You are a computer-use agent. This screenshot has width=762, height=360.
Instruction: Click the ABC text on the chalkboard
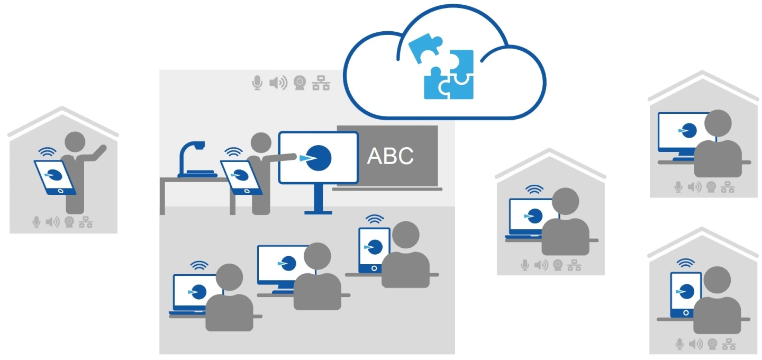click(x=390, y=156)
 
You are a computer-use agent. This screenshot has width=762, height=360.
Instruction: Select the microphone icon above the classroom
click(x=257, y=83)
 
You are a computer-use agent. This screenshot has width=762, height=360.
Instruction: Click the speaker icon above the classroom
click(x=278, y=83)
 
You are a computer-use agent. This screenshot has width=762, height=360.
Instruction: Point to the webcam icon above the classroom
click(x=300, y=83)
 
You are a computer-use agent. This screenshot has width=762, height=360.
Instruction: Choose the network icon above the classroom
click(x=321, y=83)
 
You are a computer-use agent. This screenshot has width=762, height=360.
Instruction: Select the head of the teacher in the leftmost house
click(x=75, y=142)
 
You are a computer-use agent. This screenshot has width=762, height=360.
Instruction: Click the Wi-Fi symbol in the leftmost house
click(x=48, y=153)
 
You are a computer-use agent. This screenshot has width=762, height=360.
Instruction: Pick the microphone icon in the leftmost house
click(x=37, y=222)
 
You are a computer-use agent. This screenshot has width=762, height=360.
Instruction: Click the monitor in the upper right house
click(x=680, y=130)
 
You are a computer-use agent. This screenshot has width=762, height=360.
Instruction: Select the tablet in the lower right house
click(x=686, y=294)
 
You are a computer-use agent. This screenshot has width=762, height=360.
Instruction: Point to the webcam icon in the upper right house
click(x=712, y=187)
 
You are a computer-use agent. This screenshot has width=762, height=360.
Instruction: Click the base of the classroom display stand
click(x=319, y=212)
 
